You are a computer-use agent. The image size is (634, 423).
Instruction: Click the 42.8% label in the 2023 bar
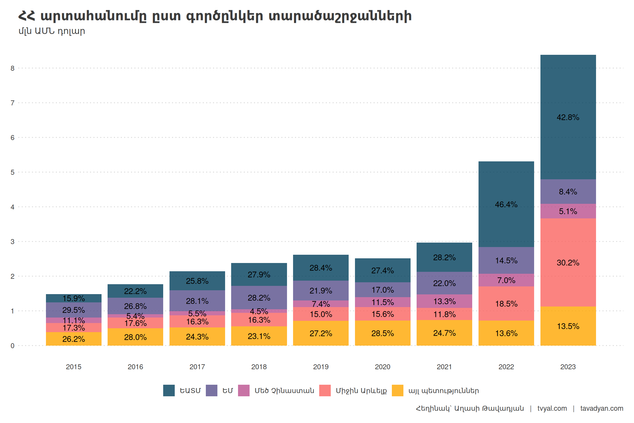tap(568, 117)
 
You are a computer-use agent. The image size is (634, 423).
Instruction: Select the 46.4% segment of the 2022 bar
tap(506, 204)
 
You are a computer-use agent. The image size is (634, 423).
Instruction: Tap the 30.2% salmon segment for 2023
tap(568, 262)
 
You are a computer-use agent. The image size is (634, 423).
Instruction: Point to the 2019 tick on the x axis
tap(321, 367)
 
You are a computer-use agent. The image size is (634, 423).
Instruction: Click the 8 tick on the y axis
tap(12, 68)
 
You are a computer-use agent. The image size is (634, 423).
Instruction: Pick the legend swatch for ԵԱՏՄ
tap(169, 391)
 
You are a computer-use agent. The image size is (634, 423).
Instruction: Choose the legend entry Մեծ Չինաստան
tap(284, 391)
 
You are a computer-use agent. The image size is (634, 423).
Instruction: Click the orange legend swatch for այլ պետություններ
tap(397, 391)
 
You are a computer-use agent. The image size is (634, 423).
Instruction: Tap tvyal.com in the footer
tap(552, 408)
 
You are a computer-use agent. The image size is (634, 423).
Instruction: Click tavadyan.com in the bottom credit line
tap(602, 408)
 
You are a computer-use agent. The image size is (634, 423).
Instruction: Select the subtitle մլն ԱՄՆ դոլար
tap(52, 31)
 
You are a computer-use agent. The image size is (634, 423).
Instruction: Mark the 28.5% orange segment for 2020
tap(382, 333)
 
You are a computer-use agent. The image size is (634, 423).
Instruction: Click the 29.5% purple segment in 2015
tap(73, 310)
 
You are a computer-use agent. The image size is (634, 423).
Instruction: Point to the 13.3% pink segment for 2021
tap(444, 301)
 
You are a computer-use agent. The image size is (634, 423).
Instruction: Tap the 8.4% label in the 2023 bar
tap(568, 192)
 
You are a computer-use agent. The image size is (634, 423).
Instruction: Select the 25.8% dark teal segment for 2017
tap(197, 281)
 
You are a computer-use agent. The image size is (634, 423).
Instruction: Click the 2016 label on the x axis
tap(135, 367)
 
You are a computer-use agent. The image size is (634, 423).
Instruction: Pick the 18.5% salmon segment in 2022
tap(506, 304)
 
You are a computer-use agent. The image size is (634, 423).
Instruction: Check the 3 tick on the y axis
tap(12, 242)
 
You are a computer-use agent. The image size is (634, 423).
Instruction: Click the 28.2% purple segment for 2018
tap(259, 298)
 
